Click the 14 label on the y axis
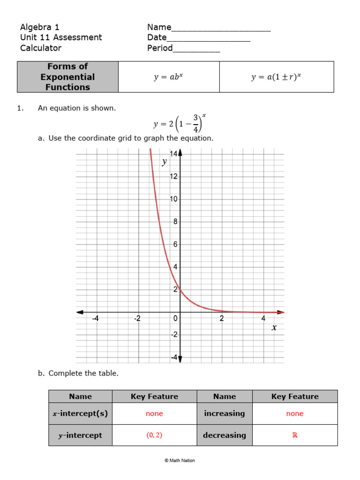click(x=173, y=154)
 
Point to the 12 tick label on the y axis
click(x=173, y=177)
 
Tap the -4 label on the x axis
click(x=95, y=319)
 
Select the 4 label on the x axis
click(x=263, y=319)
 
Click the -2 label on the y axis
click(x=173, y=335)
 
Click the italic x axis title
click(x=274, y=328)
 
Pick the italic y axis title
click(x=164, y=162)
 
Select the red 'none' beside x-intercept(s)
click(x=154, y=414)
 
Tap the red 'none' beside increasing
click(x=295, y=414)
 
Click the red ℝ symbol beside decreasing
click(x=295, y=435)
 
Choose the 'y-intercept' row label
click(x=80, y=435)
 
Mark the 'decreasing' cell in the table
click(x=225, y=435)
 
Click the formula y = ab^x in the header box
click(x=168, y=77)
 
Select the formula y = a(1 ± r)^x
click(x=276, y=77)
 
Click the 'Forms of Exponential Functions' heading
click(x=67, y=77)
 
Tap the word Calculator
click(x=41, y=48)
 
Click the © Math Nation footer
click(x=180, y=460)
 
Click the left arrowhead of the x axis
click(x=80, y=312)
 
